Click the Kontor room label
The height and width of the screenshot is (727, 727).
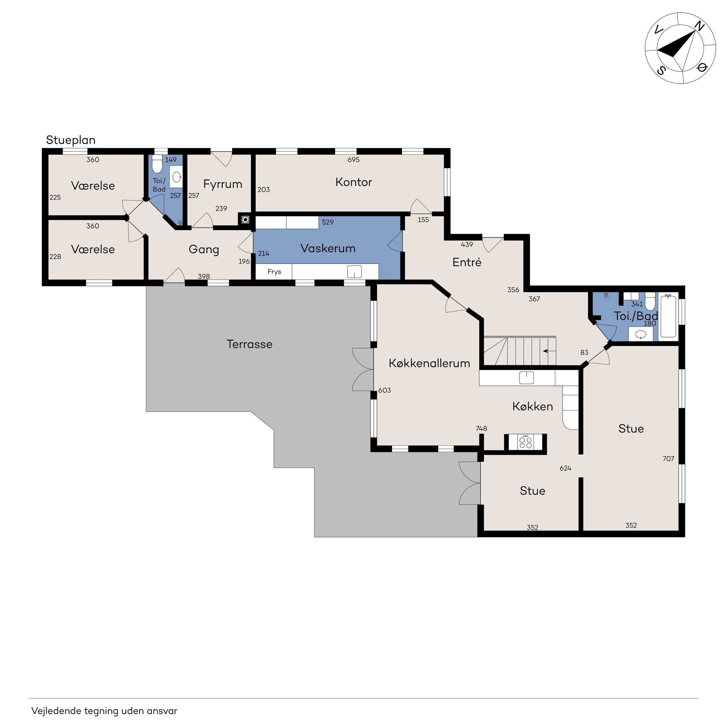[x=353, y=182]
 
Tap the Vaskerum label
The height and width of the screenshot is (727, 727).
[x=328, y=248]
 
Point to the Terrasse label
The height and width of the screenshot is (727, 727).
[x=249, y=344]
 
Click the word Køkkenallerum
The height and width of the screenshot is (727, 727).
[x=429, y=363]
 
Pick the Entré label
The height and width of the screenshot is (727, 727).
[x=467, y=262]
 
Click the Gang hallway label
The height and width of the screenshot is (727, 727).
[x=204, y=249]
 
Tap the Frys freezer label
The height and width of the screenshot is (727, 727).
[x=274, y=272]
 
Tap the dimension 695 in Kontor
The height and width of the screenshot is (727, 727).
[x=353, y=160]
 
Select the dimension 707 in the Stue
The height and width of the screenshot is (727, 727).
[x=668, y=459]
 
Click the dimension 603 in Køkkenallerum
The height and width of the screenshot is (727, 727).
[x=384, y=390]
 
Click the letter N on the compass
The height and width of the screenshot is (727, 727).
[x=699, y=26]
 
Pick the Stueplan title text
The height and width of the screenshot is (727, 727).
[x=71, y=140]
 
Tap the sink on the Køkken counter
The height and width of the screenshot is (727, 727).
[x=527, y=377]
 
